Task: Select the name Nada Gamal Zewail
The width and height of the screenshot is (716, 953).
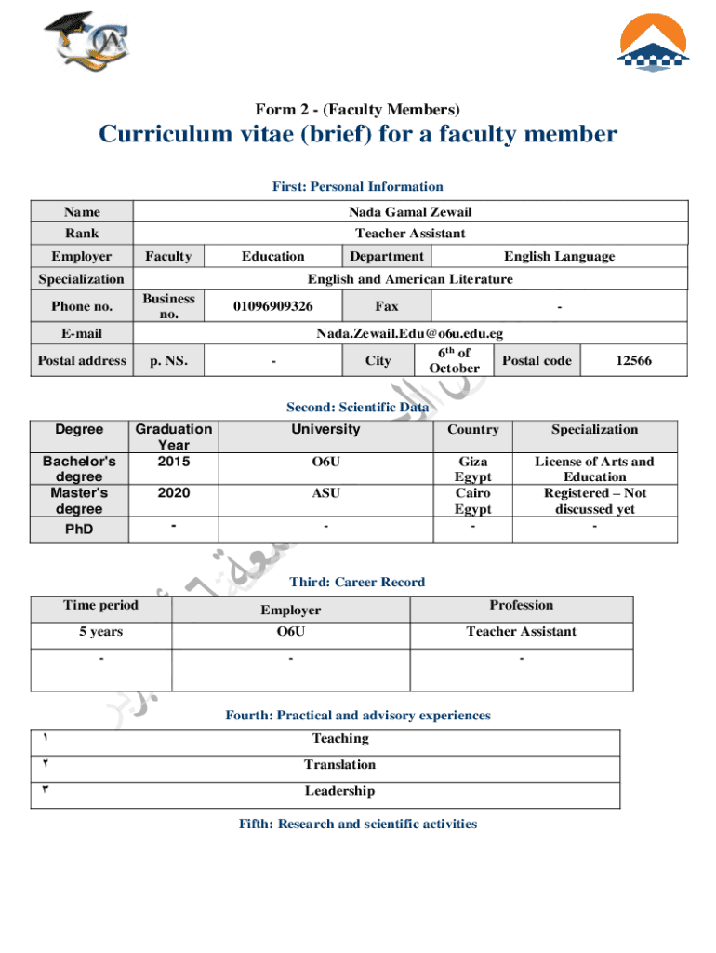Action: (410, 212)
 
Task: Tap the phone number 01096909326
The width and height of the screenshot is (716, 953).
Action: (272, 306)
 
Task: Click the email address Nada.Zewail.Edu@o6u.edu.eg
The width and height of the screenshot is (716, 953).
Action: (410, 333)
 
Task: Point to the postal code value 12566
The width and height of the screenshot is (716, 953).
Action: (633, 360)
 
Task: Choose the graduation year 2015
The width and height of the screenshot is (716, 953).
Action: (173, 462)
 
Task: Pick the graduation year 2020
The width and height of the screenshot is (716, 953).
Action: (173, 493)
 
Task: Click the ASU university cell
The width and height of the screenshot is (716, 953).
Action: (325, 493)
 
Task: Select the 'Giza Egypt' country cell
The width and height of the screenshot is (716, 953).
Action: (472, 469)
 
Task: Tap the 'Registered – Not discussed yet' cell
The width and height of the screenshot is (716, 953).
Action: (594, 501)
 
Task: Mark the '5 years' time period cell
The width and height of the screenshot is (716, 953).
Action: (100, 632)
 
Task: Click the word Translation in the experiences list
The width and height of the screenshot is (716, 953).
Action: (339, 765)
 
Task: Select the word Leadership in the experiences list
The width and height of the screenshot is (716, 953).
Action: (339, 791)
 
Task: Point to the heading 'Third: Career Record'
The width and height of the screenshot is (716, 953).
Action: (357, 583)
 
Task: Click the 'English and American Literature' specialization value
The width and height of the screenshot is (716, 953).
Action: (410, 279)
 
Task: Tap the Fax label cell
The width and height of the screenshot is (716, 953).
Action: (387, 306)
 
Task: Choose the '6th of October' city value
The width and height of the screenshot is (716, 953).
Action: (455, 360)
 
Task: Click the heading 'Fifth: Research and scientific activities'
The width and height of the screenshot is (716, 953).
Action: (358, 825)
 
